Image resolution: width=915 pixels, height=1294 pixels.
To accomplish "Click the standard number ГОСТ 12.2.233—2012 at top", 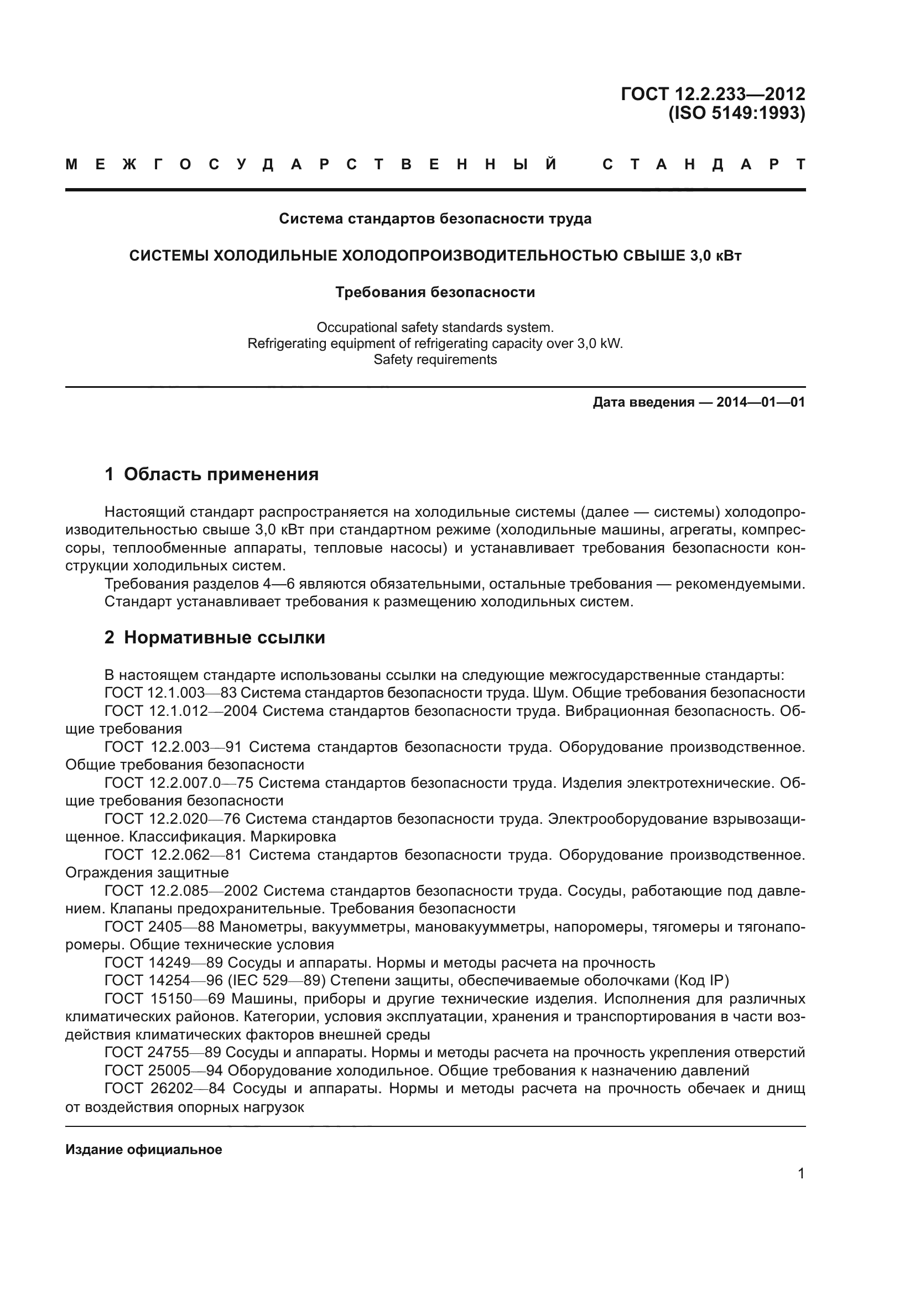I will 713,93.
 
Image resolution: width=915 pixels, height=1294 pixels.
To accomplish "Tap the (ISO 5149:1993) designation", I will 736,114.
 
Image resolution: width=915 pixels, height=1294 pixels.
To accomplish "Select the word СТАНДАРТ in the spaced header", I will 704,164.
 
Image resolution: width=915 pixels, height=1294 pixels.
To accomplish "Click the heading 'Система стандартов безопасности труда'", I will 435,219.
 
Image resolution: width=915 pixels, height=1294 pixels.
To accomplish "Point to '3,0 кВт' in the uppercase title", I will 715,256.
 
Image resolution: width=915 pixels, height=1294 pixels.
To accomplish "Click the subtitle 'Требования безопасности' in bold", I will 435,293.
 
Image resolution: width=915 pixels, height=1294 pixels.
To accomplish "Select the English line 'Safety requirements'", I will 435,360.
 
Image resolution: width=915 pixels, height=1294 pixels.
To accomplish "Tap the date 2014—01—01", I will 761,402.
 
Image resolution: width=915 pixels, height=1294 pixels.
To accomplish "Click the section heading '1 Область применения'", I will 211,475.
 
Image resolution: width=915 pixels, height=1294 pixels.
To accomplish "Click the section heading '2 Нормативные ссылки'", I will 215,638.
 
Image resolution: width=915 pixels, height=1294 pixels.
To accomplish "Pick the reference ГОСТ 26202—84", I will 165,1089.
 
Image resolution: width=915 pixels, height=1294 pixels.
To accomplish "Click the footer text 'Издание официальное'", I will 144,1150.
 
